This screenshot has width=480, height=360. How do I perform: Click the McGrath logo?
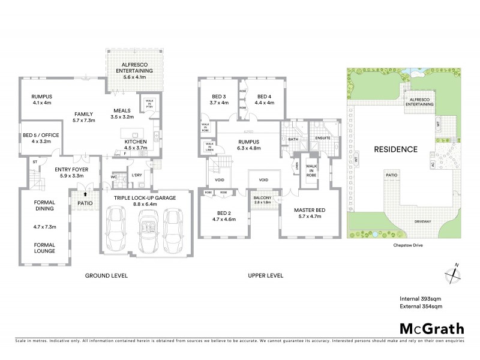click(431, 328)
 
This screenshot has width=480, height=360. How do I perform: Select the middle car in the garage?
click(148, 231)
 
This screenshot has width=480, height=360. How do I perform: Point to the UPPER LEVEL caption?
click(266, 275)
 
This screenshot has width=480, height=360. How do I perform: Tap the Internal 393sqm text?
click(421, 298)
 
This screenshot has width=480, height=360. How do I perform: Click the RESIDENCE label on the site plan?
click(395, 149)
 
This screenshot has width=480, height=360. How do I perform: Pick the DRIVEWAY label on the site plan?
click(423, 221)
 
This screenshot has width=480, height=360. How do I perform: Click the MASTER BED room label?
click(309, 209)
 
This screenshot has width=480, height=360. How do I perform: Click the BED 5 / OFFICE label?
click(41, 136)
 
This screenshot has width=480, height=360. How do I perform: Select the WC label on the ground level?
click(113, 177)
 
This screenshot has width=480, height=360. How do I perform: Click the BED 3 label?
click(219, 97)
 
